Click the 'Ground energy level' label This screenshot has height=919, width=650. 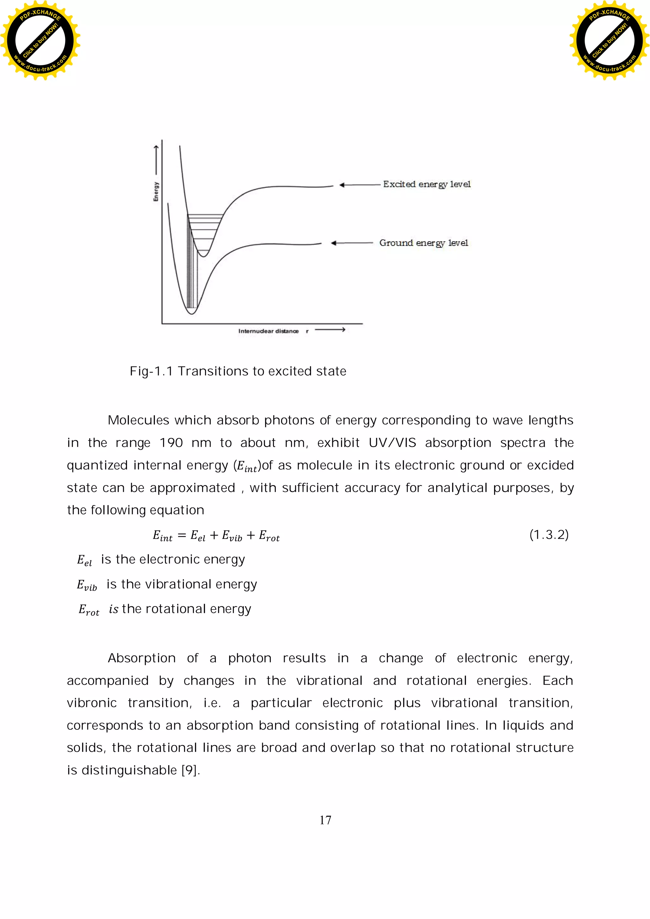(x=423, y=243)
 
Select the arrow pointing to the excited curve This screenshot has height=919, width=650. (x=359, y=185)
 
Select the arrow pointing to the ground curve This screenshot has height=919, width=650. (x=351, y=243)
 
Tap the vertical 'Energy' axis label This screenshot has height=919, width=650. (x=156, y=192)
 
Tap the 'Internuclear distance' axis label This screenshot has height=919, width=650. (x=268, y=331)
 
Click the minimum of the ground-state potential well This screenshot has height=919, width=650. (x=192, y=313)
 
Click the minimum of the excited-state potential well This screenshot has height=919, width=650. (x=204, y=256)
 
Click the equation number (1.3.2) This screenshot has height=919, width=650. (x=549, y=535)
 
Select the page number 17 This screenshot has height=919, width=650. (x=325, y=820)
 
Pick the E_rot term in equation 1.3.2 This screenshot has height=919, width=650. (x=269, y=536)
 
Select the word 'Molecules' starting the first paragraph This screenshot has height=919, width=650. (x=139, y=420)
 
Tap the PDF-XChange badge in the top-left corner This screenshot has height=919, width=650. (x=40, y=40)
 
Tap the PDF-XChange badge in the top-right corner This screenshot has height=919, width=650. (x=610, y=40)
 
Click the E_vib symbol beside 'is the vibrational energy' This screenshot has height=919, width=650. (x=87, y=585)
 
